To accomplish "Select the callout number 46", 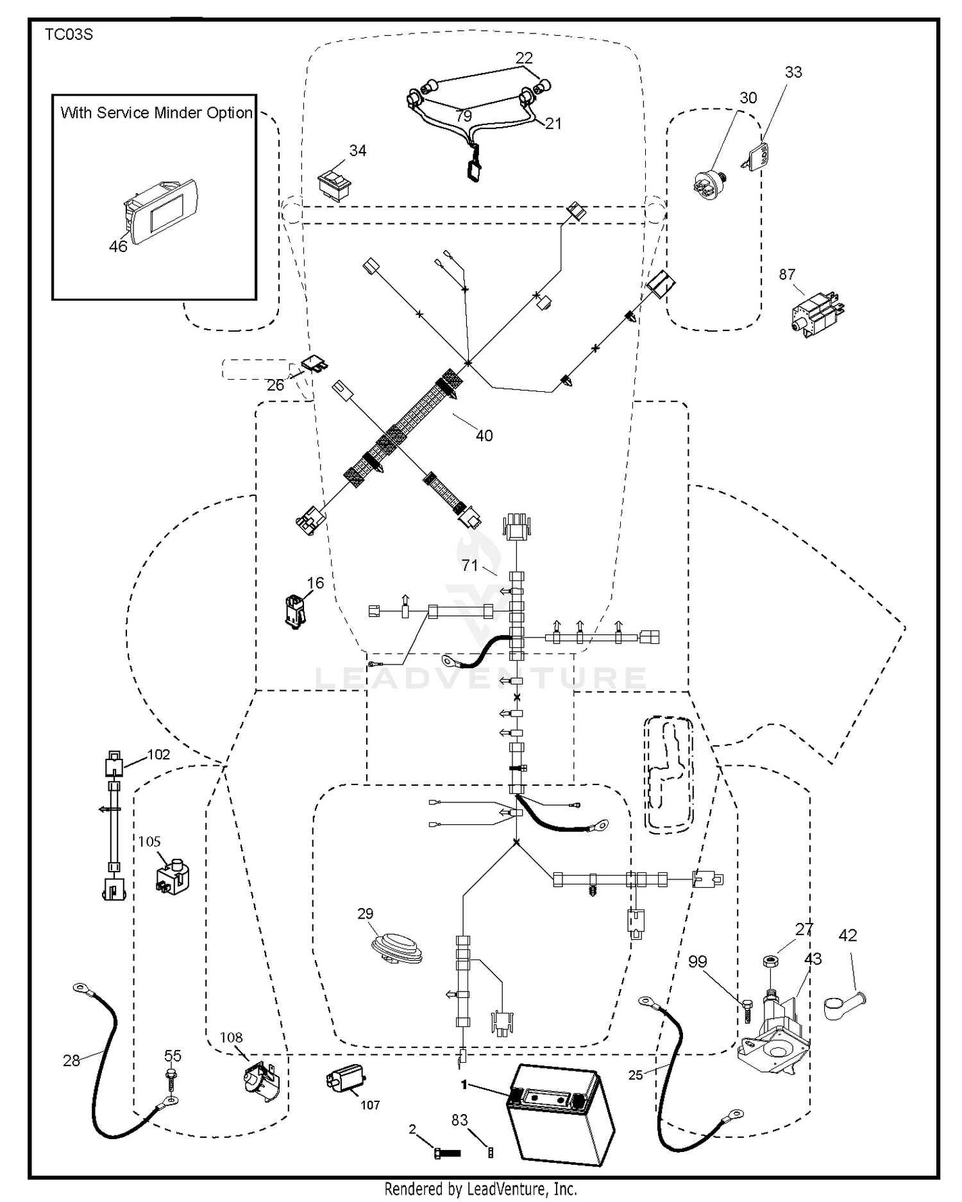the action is [x=118, y=246].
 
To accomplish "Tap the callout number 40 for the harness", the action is [x=484, y=436].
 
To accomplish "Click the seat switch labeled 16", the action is [x=294, y=611].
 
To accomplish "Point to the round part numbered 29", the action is [x=396, y=948].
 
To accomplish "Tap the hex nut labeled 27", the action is [x=769, y=961].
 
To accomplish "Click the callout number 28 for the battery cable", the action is [x=71, y=1060].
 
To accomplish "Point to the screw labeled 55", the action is [x=171, y=1079].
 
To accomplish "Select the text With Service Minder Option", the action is [x=156, y=113].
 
